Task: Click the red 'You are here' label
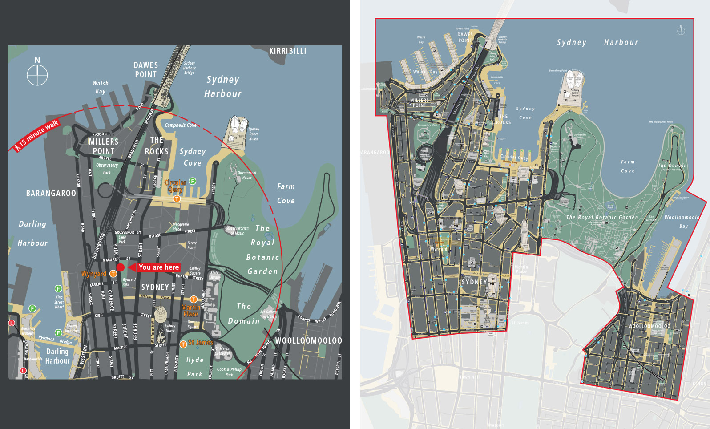tap(158, 267)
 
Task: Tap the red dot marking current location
tap(120, 267)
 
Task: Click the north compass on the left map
tap(37, 75)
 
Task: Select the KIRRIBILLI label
tap(287, 51)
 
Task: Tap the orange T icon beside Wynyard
tap(113, 274)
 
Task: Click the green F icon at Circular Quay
tap(193, 181)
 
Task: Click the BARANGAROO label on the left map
tap(51, 194)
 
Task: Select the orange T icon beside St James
tap(183, 344)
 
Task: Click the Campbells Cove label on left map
tap(180, 125)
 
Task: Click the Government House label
tap(247, 175)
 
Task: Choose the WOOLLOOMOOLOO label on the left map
tap(308, 340)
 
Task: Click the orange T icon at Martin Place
tap(194, 299)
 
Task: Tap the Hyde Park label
tap(194, 367)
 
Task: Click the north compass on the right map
tap(681, 30)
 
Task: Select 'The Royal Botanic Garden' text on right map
tap(601, 217)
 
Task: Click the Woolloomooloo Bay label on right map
tap(682, 222)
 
